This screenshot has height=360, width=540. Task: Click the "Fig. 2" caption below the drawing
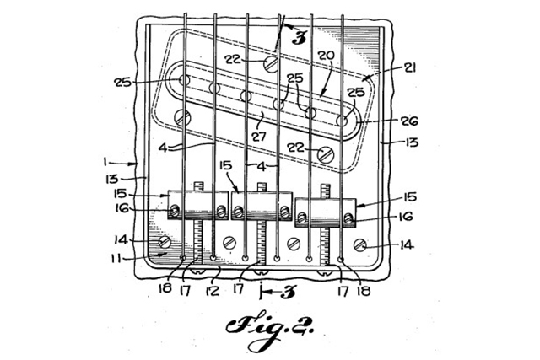(269, 329)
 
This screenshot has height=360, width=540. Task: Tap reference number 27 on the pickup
(259, 136)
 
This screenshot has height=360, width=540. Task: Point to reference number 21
(409, 67)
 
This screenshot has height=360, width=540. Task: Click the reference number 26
(409, 121)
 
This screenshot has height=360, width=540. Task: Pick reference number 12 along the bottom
(213, 291)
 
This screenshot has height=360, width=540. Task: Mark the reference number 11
(116, 258)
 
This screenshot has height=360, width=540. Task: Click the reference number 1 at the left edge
(105, 161)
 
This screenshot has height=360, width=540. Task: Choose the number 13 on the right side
(411, 142)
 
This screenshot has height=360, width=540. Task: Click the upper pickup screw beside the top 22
(271, 64)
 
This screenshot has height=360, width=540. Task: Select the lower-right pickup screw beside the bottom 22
(326, 154)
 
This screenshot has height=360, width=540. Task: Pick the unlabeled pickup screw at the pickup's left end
(182, 118)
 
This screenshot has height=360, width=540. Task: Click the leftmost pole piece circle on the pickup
(185, 81)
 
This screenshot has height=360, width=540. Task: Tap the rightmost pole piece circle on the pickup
(342, 121)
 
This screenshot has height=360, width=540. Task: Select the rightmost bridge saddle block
(326, 212)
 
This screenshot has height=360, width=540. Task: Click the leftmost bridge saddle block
(198, 205)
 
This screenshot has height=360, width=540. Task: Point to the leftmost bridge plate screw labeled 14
(165, 242)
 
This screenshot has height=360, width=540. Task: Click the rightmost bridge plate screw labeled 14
(360, 244)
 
